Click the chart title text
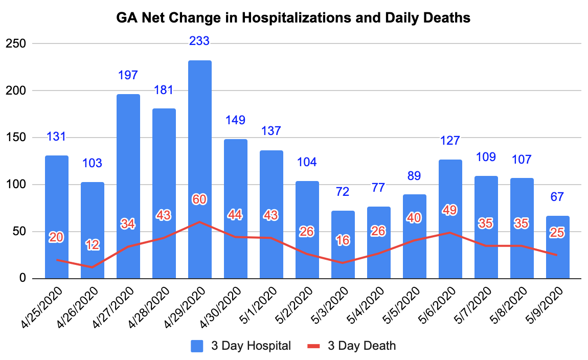[x=293, y=18]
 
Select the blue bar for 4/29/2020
[x=200, y=169]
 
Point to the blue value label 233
[x=199, y=41]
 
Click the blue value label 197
[x=128, y=75]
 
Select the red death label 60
[x=199, y=199]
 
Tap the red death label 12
[x=93, y=245]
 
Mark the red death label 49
[x=450, y=210]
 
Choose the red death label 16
[x=343, y=240]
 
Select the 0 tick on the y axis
[x=22, y=279]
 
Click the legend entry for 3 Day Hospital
[x=242, y=346]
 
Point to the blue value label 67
[x=557, y=197]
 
